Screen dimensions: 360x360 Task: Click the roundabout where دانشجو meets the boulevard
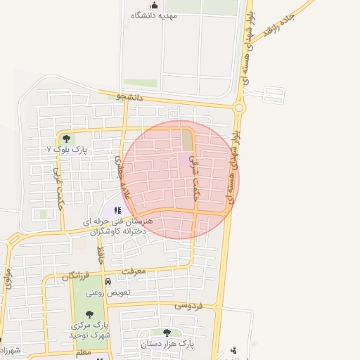(x=239, y=108)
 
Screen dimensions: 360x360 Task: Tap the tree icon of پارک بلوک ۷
(x=66, y=139)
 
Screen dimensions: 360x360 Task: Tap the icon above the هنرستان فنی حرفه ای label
(x=117, y=210)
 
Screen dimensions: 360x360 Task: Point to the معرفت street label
(x=132, y=271)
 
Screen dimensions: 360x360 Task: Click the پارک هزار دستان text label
(x=166, y=344)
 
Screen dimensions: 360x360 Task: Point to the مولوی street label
(x=7, y=277)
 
